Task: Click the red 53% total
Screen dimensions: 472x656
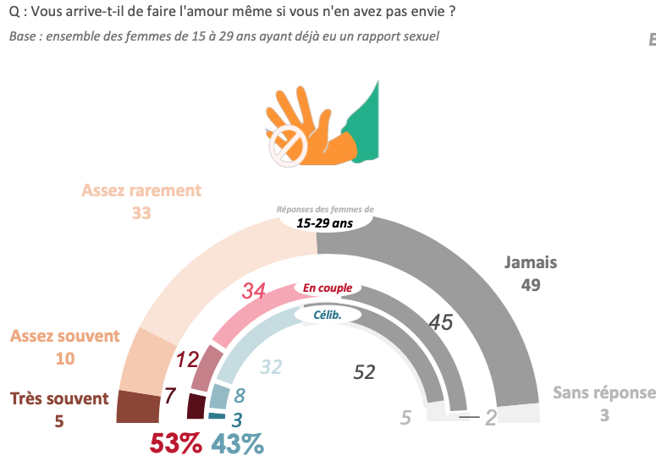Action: [175, 443]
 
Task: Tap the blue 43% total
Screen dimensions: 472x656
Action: [237, 443]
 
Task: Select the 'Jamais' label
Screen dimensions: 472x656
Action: [531, 262]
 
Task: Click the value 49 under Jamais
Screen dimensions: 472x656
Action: [531, 285]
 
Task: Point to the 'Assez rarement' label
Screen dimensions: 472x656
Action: [141, 190]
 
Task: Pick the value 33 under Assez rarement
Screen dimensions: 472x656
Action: [141, 213]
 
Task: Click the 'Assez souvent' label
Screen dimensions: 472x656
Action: [65, 336]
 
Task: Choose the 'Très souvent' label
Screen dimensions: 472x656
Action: [59, 398]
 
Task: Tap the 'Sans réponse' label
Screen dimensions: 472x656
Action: [604, 392]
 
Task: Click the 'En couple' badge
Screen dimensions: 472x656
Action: [328, 288]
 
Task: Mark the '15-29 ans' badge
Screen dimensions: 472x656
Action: [324, 223]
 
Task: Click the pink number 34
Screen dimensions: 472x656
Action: [254, 291]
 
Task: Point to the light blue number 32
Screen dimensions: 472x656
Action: [270, 367]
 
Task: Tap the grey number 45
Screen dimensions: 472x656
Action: [440, 321]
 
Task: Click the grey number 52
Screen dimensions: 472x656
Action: [364, 372]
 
